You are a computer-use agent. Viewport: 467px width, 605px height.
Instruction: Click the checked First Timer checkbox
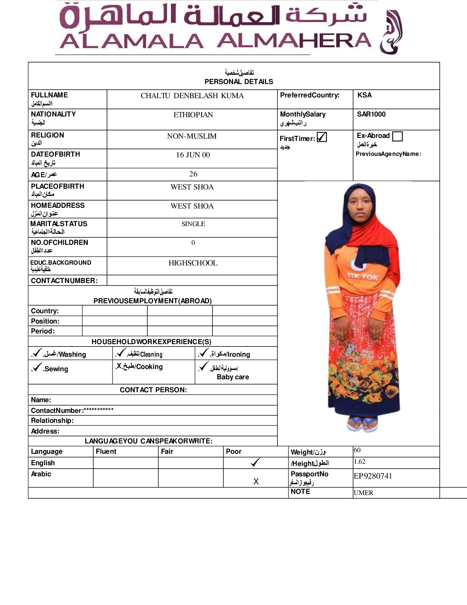click(322, 137)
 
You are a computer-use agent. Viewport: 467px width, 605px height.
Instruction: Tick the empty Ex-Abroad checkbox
click(397, 136)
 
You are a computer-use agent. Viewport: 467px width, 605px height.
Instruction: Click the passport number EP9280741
click(373, 476)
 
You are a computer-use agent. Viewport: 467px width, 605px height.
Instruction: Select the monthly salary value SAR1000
click(371, 114)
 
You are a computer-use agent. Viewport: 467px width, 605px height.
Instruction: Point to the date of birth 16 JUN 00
click(193, 155)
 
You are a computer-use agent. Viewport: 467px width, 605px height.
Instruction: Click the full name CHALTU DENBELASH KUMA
click(192, 95)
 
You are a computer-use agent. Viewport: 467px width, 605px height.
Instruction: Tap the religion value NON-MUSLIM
click(192, 136)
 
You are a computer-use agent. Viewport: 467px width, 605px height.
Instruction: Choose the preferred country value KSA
click(364, 95)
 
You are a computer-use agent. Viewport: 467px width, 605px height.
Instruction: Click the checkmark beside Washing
click(37, 353)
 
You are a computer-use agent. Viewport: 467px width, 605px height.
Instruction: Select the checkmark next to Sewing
click(37, 367)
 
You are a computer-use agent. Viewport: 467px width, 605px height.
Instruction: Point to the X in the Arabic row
click(256, 481)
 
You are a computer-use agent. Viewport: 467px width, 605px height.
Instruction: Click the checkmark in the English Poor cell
click(255, 463)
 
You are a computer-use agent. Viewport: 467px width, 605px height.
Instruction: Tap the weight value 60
click(357, 450)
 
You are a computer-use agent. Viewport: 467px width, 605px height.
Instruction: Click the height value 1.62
click(359, 461)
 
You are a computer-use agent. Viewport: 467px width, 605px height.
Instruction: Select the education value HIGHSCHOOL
click(193, 263)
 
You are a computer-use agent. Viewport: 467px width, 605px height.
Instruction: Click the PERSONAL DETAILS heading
click(239, 81)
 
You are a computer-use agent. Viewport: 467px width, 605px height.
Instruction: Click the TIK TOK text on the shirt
click(362, 276)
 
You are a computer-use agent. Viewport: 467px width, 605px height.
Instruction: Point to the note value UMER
click(363, 493)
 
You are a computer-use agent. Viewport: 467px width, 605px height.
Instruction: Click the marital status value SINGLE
click(193, 224)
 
